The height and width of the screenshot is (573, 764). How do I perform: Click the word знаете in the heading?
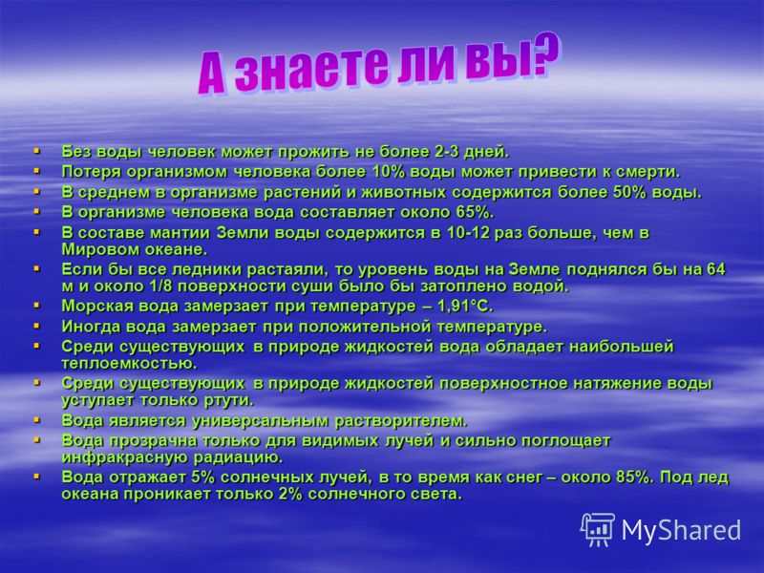313,68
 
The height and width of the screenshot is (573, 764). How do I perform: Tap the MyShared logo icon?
598,529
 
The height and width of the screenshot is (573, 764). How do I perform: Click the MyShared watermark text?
681,530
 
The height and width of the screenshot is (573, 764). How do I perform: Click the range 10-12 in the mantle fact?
468,233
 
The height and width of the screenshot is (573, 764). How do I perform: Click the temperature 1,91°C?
465,307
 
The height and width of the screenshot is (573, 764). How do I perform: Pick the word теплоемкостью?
129,364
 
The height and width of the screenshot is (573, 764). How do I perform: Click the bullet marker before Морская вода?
37,306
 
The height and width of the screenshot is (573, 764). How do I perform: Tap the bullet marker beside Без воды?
37,152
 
